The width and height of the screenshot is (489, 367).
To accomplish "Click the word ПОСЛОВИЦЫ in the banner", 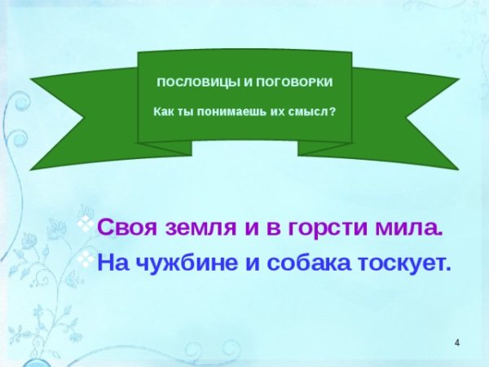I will click(x=186, y=84).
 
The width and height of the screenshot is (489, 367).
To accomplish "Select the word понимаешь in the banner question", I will click(x=232, y=111).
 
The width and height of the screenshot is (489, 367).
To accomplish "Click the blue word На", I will click(x=112, y=263).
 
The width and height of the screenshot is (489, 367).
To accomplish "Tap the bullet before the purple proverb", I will click(x=84, y=223).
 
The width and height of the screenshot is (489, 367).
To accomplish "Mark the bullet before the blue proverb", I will click(x=84, y=258).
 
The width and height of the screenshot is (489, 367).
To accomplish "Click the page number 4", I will click(x=457, y=340).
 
